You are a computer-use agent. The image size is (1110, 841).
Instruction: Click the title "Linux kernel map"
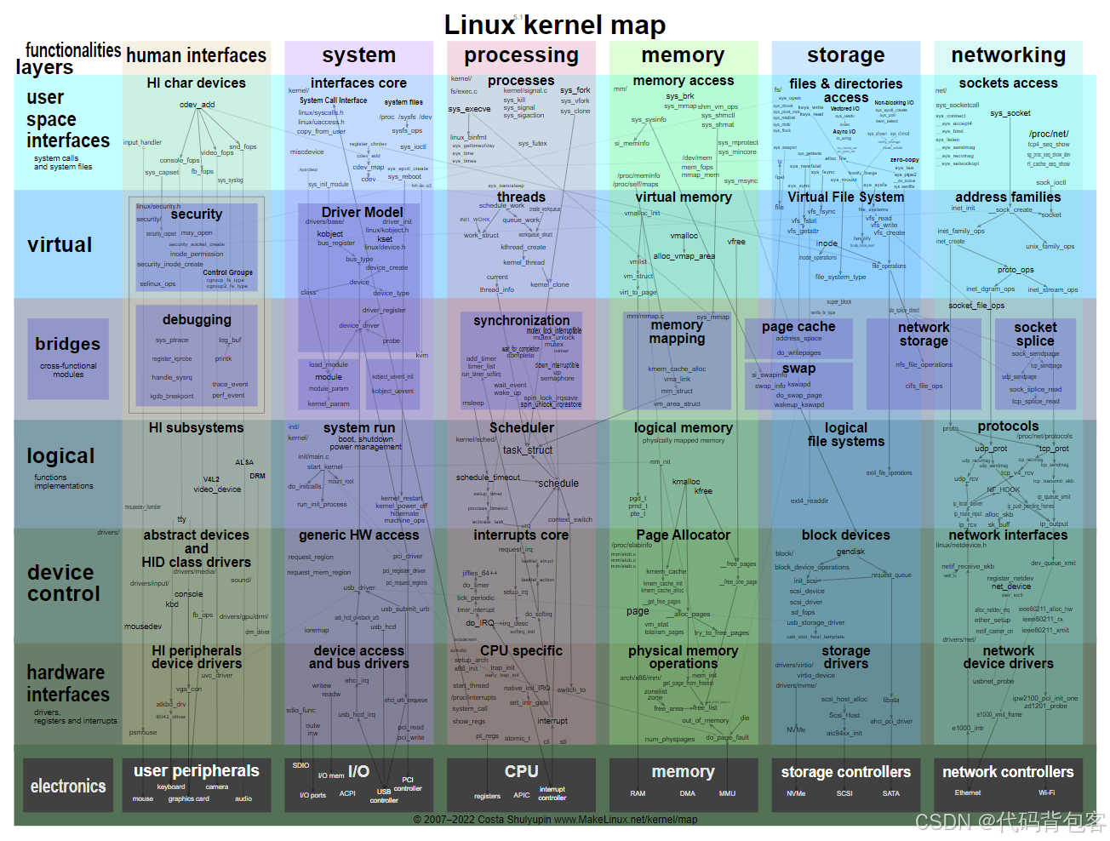tap(554, 25)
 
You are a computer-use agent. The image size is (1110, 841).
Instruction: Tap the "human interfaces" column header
tap(196, 56)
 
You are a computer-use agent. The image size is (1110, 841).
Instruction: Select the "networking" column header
tap(1008, 55)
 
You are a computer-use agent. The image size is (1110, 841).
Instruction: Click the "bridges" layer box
tap(68, 358)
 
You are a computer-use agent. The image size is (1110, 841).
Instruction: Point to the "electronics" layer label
tap(68, 787)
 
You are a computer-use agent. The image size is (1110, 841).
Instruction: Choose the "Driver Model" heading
tap(362, 212)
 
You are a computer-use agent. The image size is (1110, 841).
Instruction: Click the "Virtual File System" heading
tap(845, 197)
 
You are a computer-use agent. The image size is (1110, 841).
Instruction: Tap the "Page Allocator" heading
tap(683, 535)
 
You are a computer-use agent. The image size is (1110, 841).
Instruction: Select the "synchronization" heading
tap(521, 320)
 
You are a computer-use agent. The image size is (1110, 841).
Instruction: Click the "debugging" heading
tap(197, 319)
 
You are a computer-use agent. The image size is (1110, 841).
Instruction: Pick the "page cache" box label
tap(798, 326)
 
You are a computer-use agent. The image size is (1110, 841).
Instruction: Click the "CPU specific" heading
tap(521, 650)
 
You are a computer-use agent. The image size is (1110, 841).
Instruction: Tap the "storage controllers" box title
tap(845, 772)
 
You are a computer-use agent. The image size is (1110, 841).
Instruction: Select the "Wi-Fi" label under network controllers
tap(1046, 792)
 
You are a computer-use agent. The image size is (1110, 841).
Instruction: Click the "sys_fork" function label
tap(575, 89)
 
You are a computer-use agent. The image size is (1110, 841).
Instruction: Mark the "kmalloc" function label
tap(686, 481)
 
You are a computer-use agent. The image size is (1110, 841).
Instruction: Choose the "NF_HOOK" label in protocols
tap(1003, 489)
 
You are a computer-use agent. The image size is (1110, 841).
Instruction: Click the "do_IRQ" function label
tap(480, 623)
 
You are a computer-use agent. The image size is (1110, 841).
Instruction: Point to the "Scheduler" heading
tap(521, 427)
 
